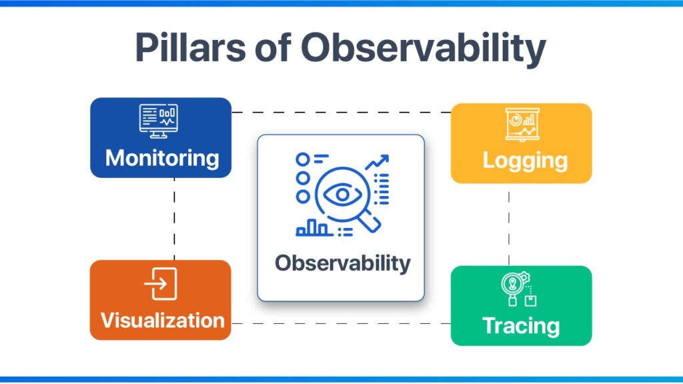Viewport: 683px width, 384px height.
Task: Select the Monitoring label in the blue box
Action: tap(161, 158)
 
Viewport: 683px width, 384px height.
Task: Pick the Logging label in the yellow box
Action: tap(525, 160)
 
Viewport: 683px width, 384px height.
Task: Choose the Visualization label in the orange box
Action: tap(162, 320)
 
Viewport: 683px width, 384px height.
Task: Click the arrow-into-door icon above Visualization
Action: tap(161, 284)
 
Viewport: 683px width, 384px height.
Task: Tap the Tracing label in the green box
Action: tap(521, 326)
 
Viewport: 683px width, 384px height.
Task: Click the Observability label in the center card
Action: tap(342, 263)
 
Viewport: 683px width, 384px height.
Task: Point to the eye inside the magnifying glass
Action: tap(341, 195)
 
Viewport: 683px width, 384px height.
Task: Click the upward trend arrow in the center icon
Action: tap(378, 163)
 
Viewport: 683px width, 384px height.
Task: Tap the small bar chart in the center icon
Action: tap(313, 228)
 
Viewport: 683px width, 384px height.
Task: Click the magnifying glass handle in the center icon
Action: tap(371, 223)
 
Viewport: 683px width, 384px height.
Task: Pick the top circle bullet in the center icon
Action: tap(303, 159)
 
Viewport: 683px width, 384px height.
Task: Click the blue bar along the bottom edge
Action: tap(341, 380)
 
